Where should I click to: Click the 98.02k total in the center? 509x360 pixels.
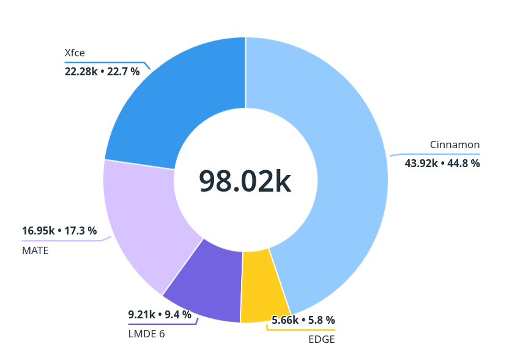click(245, 181)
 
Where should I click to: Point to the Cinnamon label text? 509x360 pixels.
click(455, 145)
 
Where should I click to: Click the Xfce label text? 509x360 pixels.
click(75, 53)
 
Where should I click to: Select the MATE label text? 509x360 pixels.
click(35, 250)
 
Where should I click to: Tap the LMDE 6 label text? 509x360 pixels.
click(146, 334)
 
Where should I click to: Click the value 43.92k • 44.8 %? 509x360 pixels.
click(442, 163)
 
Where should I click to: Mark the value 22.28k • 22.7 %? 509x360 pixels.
click(102, 72)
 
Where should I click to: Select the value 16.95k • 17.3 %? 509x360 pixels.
click(59, 231)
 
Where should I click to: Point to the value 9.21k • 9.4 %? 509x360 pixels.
click(159, 315)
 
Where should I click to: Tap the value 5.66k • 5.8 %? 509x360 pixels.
click(303, 320)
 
